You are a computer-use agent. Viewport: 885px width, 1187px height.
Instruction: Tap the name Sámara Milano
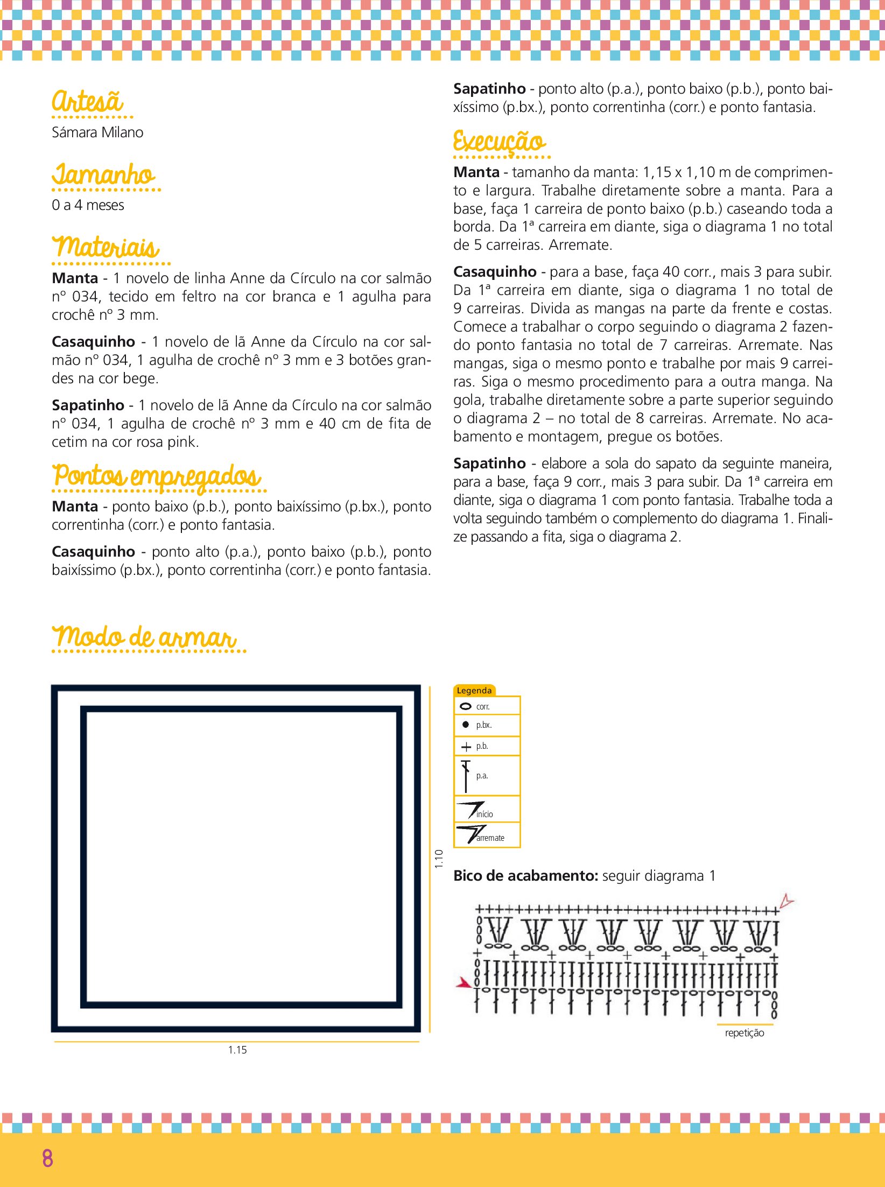tap(97, 132)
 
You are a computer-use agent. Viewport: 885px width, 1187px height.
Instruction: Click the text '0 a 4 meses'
tap(88, 205)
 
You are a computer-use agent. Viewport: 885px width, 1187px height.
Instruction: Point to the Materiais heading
tap(106, 248)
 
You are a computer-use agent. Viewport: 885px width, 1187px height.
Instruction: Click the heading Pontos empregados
tap(157, 476)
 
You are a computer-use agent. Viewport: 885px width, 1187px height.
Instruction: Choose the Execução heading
tap(499, 142)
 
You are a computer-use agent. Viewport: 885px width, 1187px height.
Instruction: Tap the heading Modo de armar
tap(144, 637)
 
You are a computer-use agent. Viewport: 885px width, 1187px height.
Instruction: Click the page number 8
tap(47, 1158)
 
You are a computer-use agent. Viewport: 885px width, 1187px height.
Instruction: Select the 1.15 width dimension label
tap(237, 1050)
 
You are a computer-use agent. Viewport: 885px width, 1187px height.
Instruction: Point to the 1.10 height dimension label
tap(439, 859)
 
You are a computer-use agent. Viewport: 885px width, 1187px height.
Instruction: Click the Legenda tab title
tap(474, 691)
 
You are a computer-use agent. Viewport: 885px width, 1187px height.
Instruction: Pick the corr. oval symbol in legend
tap(466, 706)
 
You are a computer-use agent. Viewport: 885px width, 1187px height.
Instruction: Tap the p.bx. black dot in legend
tap(466, 725)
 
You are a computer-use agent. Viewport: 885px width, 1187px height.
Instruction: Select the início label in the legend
tap(484, 814)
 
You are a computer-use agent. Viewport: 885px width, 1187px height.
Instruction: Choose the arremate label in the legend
tap(490, 838)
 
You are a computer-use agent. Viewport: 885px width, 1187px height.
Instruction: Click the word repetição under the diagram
tap(744, 1033)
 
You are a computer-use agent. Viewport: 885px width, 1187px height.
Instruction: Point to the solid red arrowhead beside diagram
tap(463, 983)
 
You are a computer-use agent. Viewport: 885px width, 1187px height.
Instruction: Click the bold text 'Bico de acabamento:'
tap(525, 876)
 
